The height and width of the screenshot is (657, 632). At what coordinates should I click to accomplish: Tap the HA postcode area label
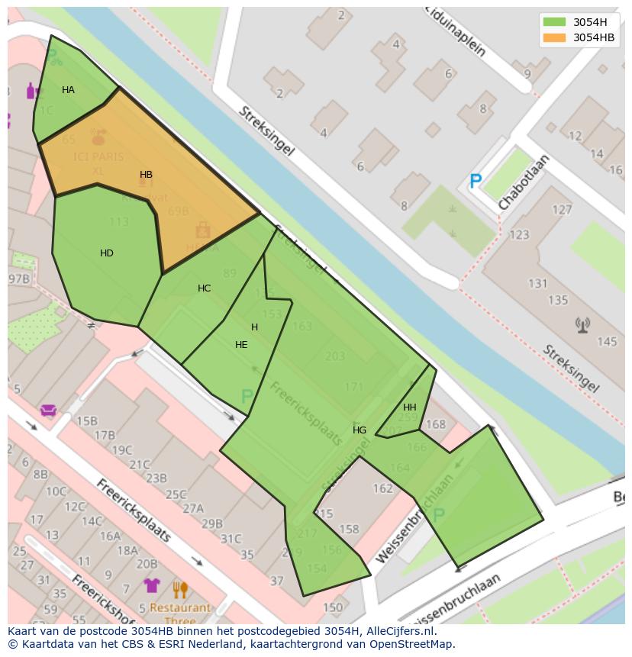pos(68,90)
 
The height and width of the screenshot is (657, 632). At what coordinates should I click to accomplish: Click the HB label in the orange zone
pos(146,175)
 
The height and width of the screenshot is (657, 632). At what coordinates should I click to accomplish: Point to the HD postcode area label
pos(107,253)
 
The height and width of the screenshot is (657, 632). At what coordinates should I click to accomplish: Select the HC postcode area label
pos(204,288)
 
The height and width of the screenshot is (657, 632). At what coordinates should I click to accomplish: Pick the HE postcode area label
pos(241,345)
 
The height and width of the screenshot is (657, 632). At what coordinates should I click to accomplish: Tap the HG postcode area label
pos(360,430)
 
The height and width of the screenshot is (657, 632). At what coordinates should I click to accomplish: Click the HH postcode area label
pos(410,407)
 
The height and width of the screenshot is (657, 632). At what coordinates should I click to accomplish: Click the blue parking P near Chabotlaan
pos(476,182)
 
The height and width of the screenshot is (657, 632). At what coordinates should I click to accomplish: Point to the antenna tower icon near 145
pos(583,326)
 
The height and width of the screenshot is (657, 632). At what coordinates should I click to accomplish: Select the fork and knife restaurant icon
pos(180,589)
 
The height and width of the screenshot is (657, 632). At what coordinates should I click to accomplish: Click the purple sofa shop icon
pos(49,411)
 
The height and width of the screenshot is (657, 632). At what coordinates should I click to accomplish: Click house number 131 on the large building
pos(537,284)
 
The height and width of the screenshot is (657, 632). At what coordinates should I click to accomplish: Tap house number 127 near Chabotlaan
pos(562,210)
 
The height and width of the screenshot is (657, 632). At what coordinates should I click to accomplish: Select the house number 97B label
pos(18,279)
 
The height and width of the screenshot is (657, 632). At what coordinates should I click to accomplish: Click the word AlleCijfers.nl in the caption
pos(398,632)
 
